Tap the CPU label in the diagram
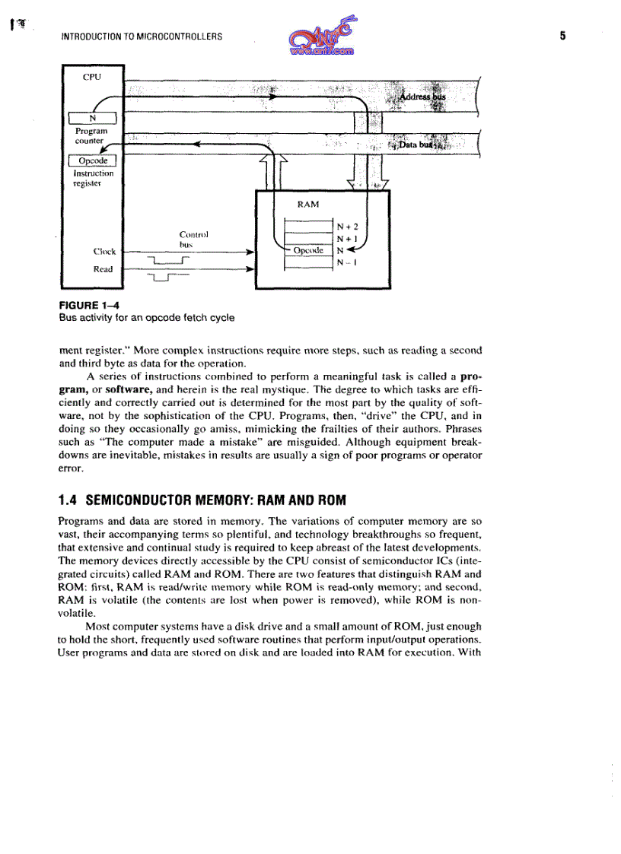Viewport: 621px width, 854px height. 91,76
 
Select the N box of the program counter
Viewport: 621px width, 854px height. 92,118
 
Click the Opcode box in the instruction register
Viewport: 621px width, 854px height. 92,160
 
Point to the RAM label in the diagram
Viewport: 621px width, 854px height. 308,204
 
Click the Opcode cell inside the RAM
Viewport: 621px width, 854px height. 308,250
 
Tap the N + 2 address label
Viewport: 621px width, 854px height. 346,227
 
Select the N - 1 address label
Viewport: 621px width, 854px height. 346,262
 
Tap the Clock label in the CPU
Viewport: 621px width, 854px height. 104,252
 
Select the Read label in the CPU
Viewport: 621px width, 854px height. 103,269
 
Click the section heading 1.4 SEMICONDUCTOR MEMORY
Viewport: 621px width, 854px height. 202,500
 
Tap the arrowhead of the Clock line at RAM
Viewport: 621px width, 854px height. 250,251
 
